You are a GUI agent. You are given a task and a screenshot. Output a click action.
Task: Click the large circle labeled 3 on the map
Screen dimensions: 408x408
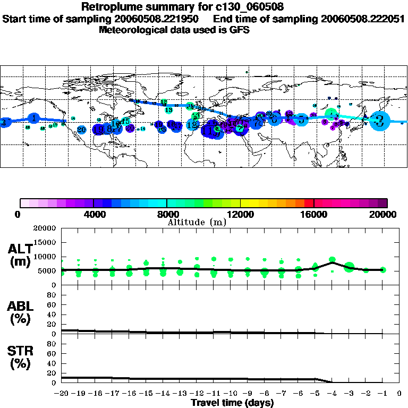pyautogui.click(x=379, y=121)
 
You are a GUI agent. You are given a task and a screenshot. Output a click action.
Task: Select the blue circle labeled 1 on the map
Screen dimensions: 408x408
pyautogui.click(x=34, y=118)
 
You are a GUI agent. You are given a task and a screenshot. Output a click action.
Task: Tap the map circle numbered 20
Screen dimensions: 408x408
pyautogui.click(x=81, y=130)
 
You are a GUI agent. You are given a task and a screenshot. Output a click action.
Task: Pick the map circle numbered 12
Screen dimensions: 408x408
pyautogui.click(x=192, y=125)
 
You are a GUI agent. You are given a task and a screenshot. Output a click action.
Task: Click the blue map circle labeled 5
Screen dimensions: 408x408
pyautogui.click(x=302, y=120)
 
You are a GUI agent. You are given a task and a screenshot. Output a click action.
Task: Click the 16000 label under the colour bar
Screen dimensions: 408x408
pyautogui.click(x=313, y=214)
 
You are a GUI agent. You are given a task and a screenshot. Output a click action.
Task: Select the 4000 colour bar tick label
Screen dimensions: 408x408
pyautogui.click(x=93, y=214)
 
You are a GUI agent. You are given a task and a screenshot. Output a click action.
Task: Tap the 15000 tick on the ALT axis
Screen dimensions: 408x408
pyautogui.click(x=49, y=242)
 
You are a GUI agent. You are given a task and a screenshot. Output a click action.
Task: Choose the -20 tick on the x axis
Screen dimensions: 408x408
pyautogui.click(x=62, y=394)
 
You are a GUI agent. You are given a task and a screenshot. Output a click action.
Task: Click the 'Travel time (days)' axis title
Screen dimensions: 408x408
pyautogui.click(x=232, y=403)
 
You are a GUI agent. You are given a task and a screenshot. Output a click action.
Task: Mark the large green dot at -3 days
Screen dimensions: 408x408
pyautogui.click(x=349, y=267)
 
